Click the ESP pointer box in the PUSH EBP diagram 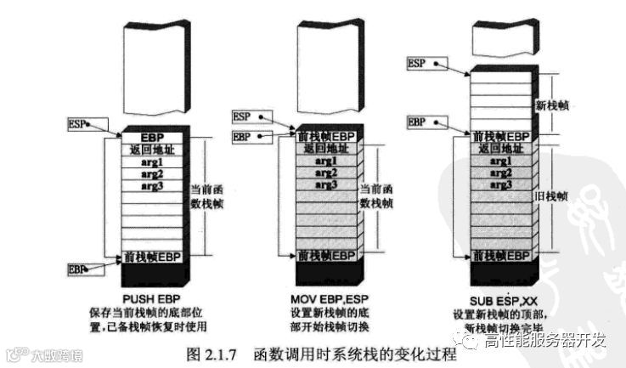pos(76,124)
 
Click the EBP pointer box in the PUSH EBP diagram pos(76,269)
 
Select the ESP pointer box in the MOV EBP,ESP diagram pos(242,116)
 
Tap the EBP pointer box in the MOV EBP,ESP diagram pos(242,136)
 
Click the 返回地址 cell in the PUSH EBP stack pos(153,150)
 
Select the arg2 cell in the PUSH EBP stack pos(153,174)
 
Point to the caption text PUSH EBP pos(153,298)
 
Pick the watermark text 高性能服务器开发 pos(544,342)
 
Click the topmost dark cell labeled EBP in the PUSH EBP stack pos(153,136)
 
